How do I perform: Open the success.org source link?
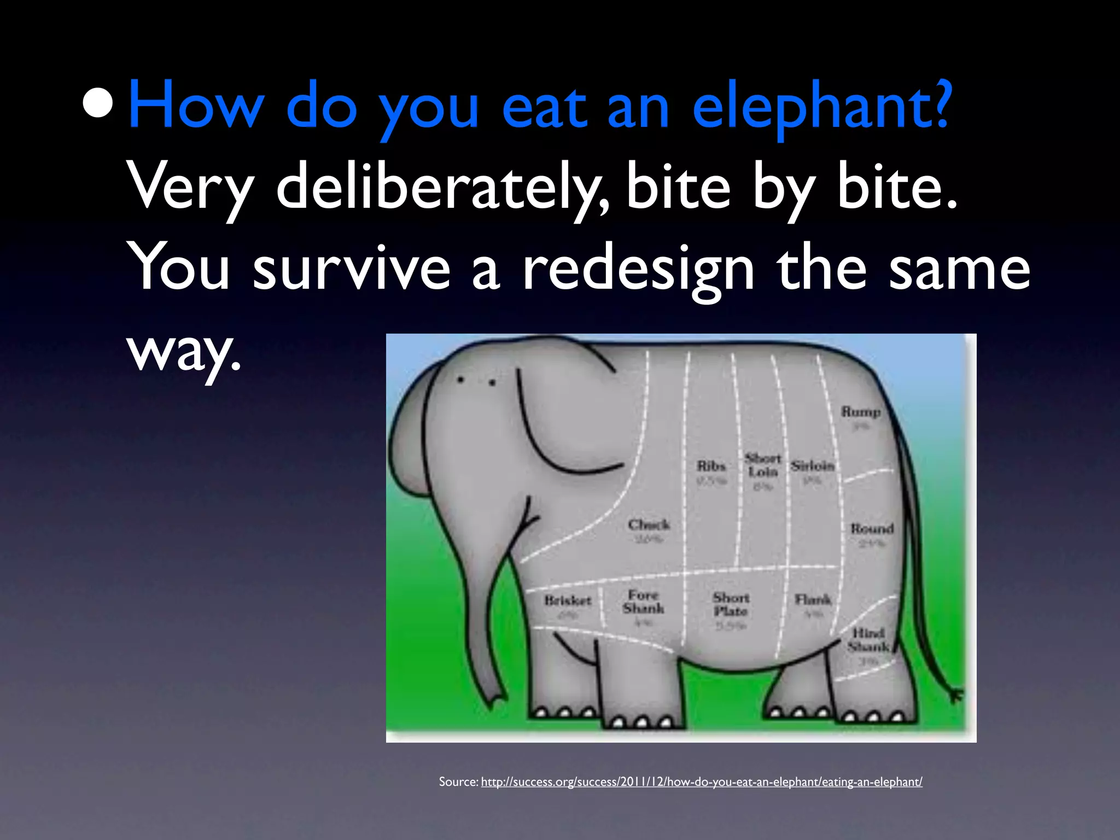click(x=701, y=782)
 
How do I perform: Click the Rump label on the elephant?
click(x=861, y=412)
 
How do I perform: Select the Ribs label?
click(x=711, y=466)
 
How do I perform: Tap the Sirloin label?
click(x=813, y=466)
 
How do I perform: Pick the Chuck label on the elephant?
click(x=649, y=525)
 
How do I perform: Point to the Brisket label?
click(x=568, y=600)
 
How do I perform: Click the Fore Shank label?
click(x=643, y=602)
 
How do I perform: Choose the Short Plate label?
click(x=731, y=604)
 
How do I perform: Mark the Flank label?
click(x=813, y=600)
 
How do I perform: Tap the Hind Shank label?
click(x=868, y=640)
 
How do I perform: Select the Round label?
click(x=872, y=529)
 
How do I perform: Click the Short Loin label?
click(x=763, y=465)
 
